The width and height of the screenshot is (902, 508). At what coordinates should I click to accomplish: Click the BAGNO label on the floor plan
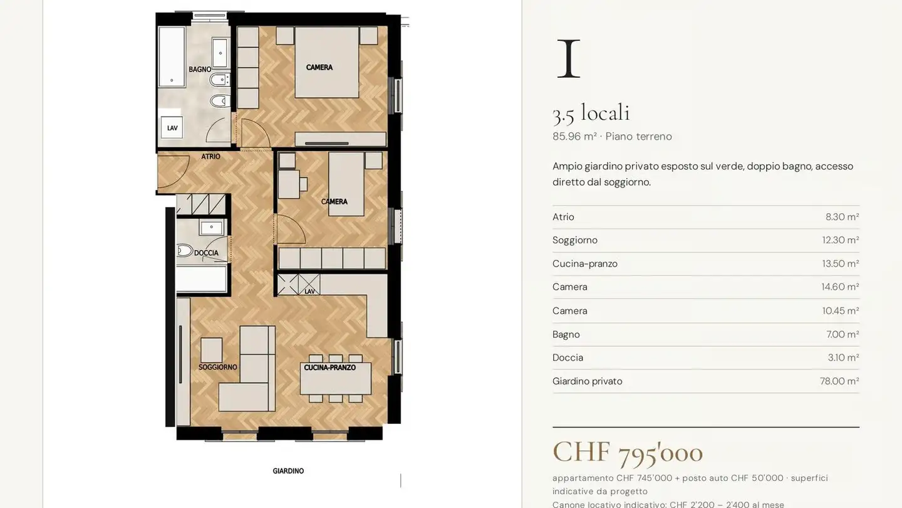(200, 70)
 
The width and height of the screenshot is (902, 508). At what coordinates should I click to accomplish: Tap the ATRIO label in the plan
(210, 156)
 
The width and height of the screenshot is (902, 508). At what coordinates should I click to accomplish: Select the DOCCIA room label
(206, 253)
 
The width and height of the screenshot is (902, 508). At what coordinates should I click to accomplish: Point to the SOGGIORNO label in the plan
(217, 367)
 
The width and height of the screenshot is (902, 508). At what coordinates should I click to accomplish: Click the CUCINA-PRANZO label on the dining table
(329, 368)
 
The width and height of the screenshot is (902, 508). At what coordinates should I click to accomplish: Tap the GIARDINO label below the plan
(288, 470)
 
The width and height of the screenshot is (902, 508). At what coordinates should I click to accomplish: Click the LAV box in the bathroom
(172, 128)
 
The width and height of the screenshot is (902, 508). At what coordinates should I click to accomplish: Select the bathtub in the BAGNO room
(172, 57)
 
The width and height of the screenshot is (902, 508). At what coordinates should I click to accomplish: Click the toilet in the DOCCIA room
(184, 251)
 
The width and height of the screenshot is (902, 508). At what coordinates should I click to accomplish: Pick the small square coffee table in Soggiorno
(212, 350)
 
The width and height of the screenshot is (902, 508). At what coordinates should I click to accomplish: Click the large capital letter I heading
(569, 58)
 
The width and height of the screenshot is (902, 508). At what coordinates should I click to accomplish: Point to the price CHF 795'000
(628, 452)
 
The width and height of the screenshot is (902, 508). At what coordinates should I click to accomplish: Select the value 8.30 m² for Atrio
(842, 217)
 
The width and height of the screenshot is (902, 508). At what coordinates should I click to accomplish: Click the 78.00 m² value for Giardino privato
(839, 381)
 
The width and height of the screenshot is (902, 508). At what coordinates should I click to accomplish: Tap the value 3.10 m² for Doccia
(843, 357)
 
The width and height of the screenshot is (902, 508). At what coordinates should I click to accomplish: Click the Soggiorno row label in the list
(574, 240)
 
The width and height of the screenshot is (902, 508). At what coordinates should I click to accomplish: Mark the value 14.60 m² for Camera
(840, 287)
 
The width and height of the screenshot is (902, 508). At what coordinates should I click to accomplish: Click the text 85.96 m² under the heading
(574, 136)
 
